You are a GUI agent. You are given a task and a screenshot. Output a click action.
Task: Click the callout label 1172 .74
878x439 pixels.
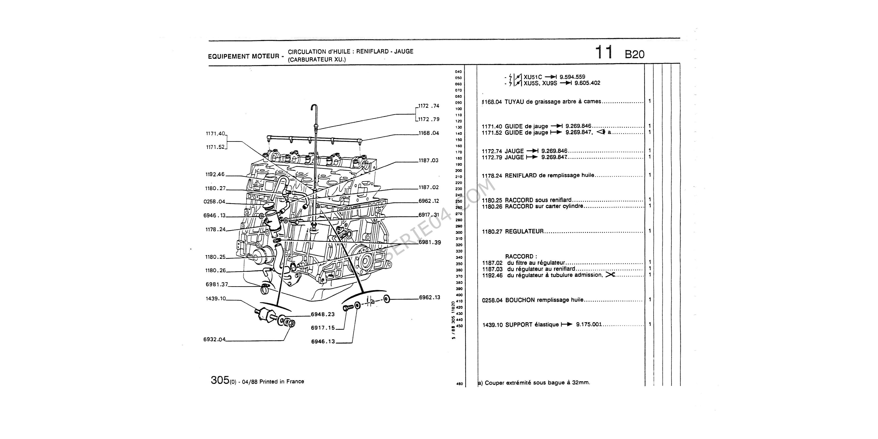tap(429, 106)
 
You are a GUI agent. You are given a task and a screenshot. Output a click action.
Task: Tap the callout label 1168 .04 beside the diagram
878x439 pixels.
tap(429, 133)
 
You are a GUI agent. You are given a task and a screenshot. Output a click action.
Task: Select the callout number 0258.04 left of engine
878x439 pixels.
tap(214, 202)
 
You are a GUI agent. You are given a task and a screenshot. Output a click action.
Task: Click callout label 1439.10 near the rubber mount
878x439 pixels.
tap(216, 299)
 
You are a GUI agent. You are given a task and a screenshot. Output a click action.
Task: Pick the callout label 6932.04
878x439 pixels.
tap(214, 340)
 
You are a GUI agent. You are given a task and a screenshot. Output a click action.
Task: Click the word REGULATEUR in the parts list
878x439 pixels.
tap(524, 231)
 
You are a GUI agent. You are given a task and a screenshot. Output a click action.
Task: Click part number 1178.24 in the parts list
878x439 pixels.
tap(492, 176)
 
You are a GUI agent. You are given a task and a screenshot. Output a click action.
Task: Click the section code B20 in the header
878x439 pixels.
tap(635, 54)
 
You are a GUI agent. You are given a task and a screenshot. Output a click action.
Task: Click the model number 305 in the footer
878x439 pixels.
tap(220, 380)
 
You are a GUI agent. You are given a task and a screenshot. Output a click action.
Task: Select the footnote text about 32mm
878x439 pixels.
tap(534, 382)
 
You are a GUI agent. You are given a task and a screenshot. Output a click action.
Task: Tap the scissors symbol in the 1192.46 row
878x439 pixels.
tap(610, 275)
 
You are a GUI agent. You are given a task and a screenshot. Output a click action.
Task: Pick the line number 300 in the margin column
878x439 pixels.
tap(459, 232)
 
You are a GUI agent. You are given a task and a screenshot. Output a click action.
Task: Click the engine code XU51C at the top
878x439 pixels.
tap(533, 77)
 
